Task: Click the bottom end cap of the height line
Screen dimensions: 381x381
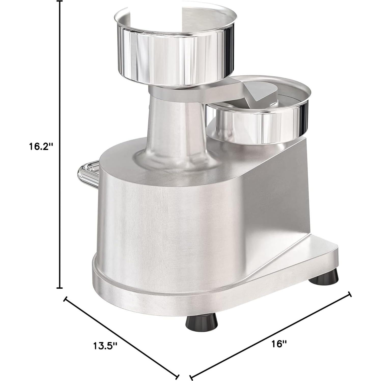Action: (x=60, y=288)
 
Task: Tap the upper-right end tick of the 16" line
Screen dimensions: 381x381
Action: (x=350, y=294)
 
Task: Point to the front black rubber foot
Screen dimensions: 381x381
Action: (x=202, y=323)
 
